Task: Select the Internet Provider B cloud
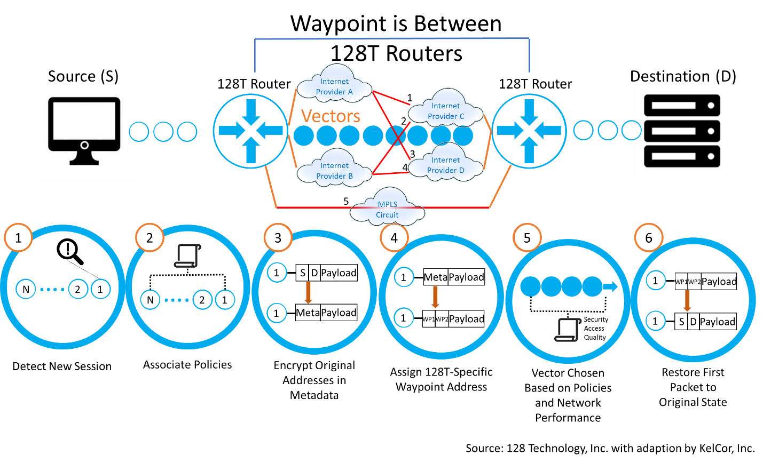pos(334,170)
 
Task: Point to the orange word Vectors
pos(331,116)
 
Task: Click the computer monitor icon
pos(84,131)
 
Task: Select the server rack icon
pos(682,131)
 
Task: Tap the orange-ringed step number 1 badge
pos(18,238)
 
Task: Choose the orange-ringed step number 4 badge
pos(394,238)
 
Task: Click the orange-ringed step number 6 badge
pos(649,238)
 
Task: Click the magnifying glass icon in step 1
pos(70,251)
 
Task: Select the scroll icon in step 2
pos(187,256)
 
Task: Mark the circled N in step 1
pos(26,290)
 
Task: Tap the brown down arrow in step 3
pos(308,292)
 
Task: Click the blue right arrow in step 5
pos(610,287)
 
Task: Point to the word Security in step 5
pos(596,320)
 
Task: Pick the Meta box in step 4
pos(435,277)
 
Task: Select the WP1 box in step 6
pos(681,282)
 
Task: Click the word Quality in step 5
pos(595,338)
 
